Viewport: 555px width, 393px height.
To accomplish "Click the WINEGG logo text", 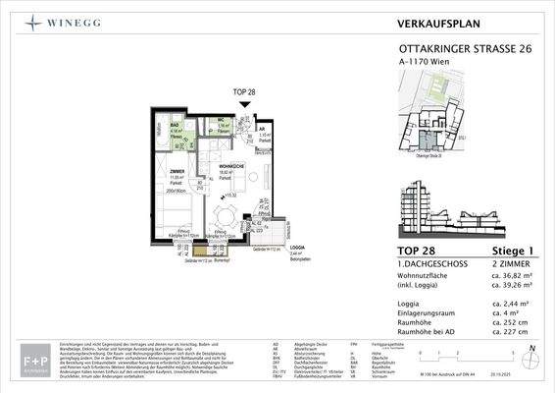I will (x=73, y=22).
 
